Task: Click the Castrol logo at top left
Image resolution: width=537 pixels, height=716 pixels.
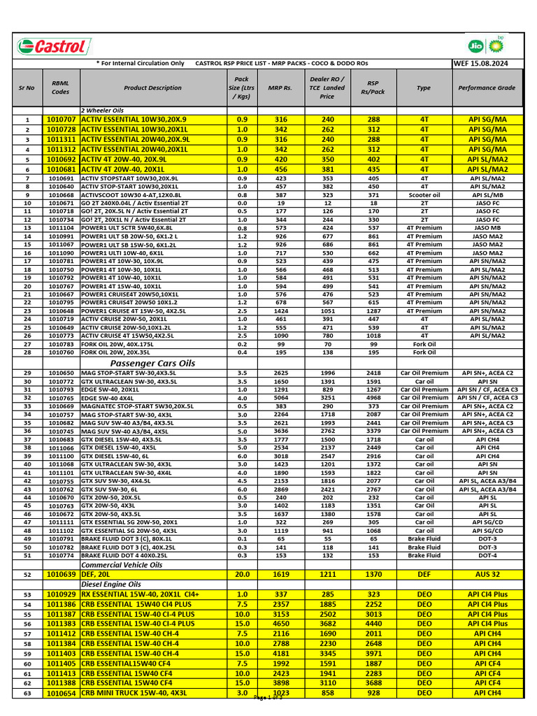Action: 52,47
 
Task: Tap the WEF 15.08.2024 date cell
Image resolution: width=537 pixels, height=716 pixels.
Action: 481,64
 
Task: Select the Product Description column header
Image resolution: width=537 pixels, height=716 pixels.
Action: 152,88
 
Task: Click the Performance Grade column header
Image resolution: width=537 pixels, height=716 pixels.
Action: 487,88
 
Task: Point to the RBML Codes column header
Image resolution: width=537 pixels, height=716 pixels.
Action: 61,88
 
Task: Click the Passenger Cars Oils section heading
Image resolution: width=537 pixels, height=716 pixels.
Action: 153,364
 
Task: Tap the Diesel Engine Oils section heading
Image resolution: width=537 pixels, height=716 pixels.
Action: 111,584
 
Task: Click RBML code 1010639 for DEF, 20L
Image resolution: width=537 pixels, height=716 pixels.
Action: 61,574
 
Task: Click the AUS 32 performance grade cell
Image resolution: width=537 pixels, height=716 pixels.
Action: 487,574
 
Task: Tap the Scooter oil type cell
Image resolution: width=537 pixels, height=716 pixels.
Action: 424,195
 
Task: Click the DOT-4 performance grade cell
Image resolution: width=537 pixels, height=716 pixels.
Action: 487,555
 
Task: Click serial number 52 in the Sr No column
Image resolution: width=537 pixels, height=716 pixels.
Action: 27,574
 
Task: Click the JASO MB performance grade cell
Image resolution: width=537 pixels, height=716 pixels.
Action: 487,228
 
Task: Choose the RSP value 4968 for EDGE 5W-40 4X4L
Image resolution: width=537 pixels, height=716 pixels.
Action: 373,398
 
